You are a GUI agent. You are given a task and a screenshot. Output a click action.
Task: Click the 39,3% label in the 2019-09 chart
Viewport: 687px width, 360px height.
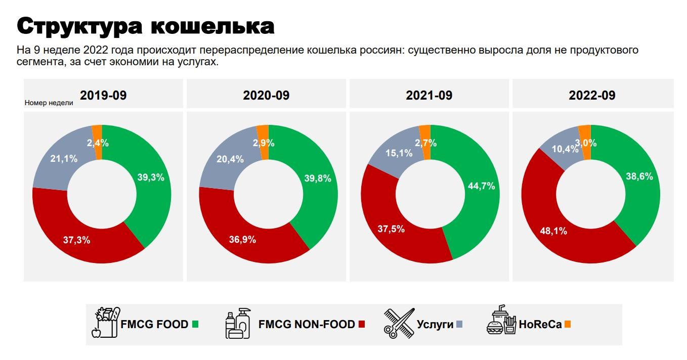pos(151,177)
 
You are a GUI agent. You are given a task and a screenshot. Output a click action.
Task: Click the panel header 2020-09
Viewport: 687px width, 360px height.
pos(266,95)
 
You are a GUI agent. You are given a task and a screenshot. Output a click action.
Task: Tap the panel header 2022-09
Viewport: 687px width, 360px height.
pos(592,95)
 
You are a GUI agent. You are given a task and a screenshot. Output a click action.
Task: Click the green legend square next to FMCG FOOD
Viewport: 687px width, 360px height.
pos(195,324)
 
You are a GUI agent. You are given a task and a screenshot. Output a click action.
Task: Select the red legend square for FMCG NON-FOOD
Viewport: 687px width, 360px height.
pos(361,324)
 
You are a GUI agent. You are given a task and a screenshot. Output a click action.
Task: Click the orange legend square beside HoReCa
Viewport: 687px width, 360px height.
pos(568,324)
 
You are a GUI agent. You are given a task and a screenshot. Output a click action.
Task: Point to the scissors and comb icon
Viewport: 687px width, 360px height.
pos(399,323)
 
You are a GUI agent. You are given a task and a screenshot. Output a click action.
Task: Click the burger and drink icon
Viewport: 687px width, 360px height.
pos(501,321)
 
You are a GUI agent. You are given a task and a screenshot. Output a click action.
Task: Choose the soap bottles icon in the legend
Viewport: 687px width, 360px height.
pos(238,323)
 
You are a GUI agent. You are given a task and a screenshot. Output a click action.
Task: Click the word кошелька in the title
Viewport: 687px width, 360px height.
pos(212,26)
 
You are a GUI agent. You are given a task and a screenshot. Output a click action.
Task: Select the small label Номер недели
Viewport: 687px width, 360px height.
pos(49,103)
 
